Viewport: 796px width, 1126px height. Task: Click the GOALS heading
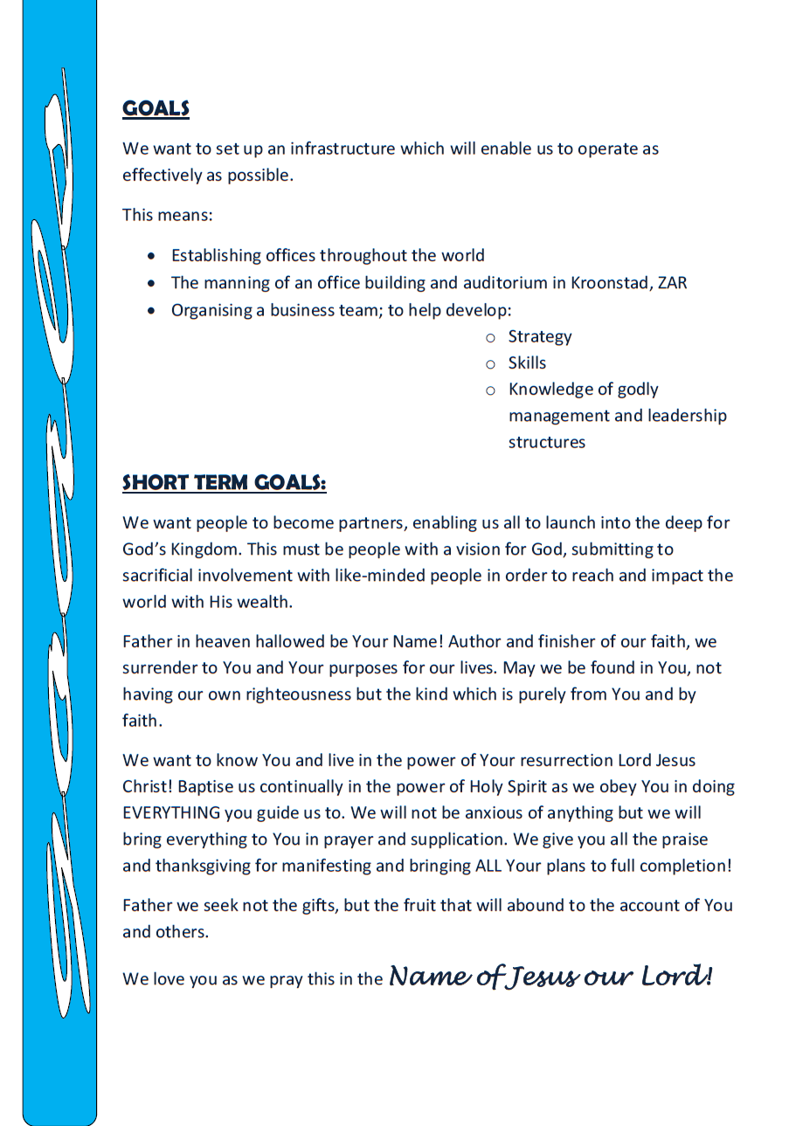click(x=156, y=109)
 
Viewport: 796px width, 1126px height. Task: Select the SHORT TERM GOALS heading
click(x=224, y=483)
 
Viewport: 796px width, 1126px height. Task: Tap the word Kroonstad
click(x=607, y=283)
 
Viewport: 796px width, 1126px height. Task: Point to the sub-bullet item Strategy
click(x=539, y=336)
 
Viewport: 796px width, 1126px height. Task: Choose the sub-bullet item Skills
click(x=527, y=363)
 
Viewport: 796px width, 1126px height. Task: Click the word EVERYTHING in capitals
click(x=171, y=813)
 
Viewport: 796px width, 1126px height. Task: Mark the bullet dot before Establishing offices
click(x=153, y=256)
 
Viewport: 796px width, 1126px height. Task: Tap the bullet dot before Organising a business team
click(x=153, y=310)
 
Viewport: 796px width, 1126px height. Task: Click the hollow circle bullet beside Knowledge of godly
click(x=490, y=390)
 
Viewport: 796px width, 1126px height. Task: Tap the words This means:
click(x=167, y=215)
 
